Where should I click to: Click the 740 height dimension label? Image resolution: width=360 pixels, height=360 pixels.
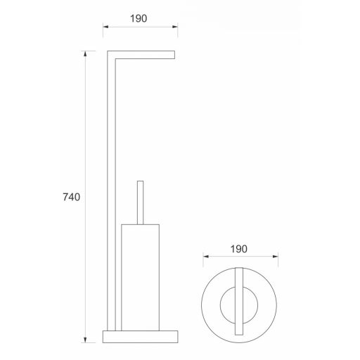click(72, 197)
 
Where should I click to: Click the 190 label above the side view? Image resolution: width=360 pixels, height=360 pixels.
click(139, 18)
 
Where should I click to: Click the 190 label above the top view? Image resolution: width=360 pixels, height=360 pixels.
click(238, 249)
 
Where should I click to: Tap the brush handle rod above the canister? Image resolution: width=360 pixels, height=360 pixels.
click(140, 202)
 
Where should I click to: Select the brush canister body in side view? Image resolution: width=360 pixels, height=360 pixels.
click(141, 278)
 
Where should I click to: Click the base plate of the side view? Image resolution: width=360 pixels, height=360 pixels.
click(141, 337)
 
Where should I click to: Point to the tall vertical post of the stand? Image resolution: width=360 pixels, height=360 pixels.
click(111, 191)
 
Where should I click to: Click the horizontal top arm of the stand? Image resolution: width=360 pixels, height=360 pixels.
click(141, 55)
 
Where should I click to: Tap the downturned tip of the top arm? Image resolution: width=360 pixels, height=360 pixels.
click(174, 55)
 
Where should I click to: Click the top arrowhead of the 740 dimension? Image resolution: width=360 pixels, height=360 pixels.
click(85, 53)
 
